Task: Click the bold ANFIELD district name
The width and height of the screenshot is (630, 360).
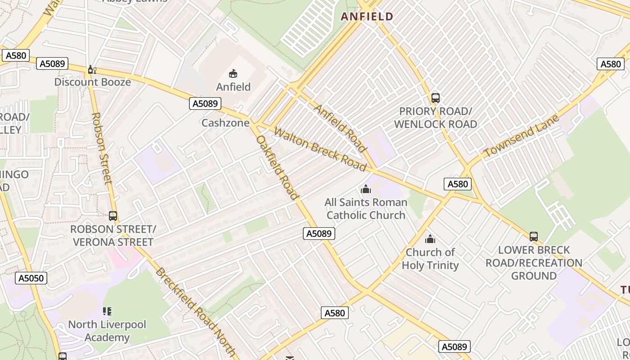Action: (367, 17)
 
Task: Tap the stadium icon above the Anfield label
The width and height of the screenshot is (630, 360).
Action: (233, 73)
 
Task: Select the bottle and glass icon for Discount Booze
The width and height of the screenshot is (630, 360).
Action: (92, 69)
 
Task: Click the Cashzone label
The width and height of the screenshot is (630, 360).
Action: (225, 123)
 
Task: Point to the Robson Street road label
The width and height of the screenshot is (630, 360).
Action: (101, 148)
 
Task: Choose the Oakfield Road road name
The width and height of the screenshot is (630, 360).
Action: (277, 167)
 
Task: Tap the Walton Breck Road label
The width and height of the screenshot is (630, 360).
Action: (320, 149)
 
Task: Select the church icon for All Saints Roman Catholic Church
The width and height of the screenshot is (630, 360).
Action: (366, 189)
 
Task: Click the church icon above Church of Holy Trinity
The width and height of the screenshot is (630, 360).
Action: (430, 239)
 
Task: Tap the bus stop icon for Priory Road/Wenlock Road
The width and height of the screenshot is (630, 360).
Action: (435, 98)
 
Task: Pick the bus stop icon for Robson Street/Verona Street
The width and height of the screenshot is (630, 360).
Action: (112, 216)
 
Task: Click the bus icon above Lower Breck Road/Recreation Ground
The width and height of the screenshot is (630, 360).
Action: (534, 236)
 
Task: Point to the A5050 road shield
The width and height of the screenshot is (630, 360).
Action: (31, 278)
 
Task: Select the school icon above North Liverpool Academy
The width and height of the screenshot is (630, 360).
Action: (107, 311)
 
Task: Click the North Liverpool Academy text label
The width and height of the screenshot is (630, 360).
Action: (107, 331)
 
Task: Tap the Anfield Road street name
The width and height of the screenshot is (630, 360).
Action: (340, 128)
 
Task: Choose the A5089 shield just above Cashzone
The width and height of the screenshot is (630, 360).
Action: (205, 103)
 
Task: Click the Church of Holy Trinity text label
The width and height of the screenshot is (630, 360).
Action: (430, 259)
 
